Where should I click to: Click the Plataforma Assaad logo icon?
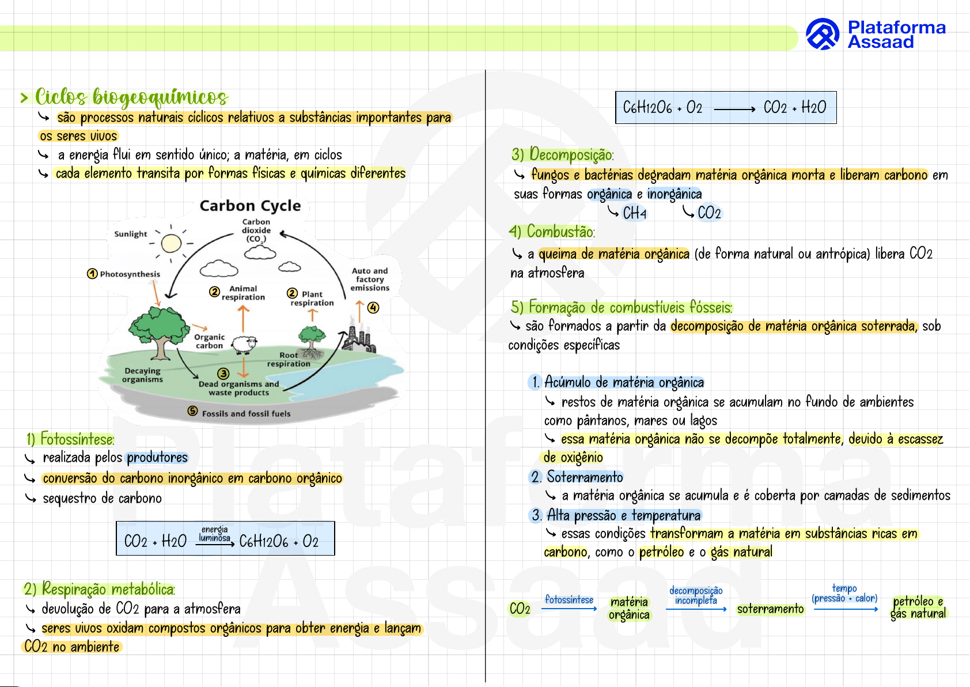coord(822,34)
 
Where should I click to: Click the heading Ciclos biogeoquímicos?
coord(131,97)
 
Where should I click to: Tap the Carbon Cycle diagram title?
coord(250,206)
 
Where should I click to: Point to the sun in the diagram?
coord(171,243)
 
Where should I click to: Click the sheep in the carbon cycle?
coord(244,344)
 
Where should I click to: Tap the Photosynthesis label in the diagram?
coord(130,274)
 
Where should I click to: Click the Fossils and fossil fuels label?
coord(246,413)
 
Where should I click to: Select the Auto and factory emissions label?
coord(370,279)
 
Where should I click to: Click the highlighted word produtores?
coord(157,458)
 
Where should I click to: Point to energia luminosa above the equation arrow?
coord(214,534)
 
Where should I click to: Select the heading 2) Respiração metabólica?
coord(99,589)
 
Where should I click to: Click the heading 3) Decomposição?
coord(562,154)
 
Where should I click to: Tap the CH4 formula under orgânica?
coord(634,213)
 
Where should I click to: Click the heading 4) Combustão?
coord(552,232)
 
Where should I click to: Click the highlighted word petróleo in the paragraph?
coord(661,552)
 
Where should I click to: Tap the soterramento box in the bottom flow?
coord(770,609)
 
